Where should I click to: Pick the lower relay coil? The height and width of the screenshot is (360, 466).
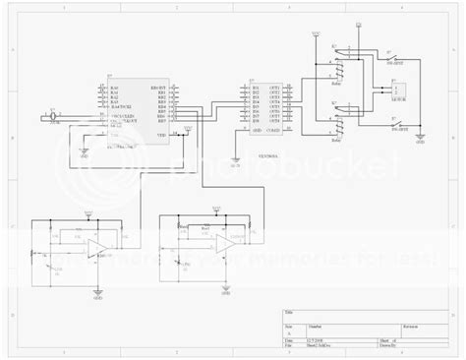[340, 124]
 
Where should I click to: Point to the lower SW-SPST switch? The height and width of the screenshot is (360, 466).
[398, 122]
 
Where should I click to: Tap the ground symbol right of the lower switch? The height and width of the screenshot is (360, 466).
[421, 139]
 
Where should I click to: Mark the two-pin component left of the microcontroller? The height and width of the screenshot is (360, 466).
[50, 117]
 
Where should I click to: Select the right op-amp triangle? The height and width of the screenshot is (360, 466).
[225, 242]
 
